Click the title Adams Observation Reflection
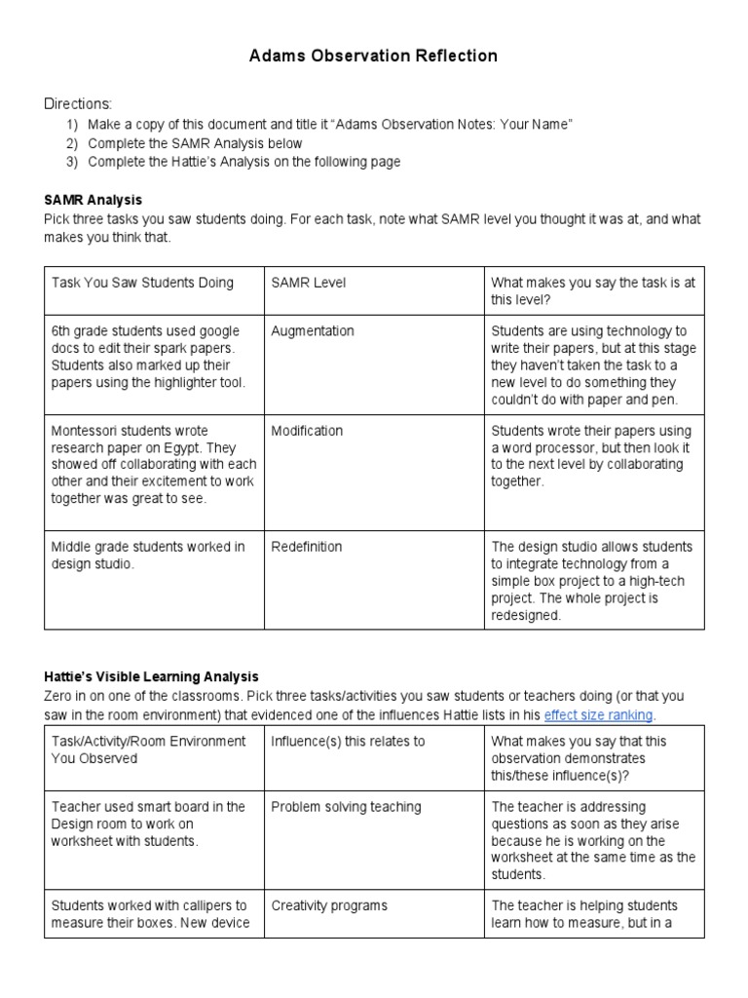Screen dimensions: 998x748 (374, 57)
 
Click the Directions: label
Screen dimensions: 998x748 (78, 104)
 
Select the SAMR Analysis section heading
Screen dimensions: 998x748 (93, 200)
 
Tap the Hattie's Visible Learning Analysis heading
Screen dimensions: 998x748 (151, 676)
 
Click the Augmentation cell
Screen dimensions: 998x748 (313, 331)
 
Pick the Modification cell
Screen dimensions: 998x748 (307, 431)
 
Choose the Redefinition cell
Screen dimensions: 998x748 (307, 547)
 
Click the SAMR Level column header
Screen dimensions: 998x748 (309, 283)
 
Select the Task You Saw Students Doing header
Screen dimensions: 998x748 (142, 283)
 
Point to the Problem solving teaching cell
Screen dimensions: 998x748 (346, 807)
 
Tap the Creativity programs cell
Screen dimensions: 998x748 (329, 905)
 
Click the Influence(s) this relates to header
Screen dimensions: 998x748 (348, 741)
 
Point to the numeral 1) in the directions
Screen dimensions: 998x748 (72, 125)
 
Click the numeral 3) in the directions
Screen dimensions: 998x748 (72, 162)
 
